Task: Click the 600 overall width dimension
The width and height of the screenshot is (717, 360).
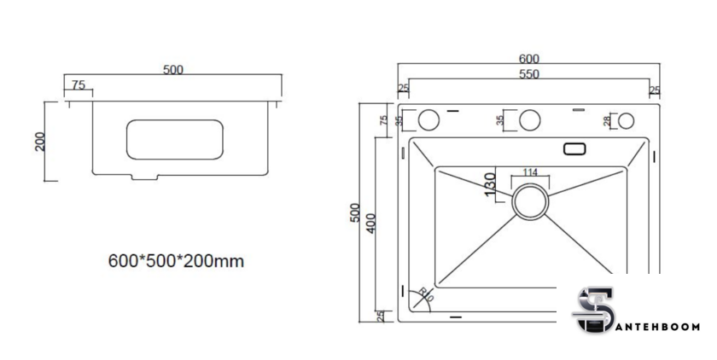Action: click(528, 59)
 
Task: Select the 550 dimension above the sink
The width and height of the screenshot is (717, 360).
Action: click(528, 74)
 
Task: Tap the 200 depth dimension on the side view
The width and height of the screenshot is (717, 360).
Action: click(40, 142)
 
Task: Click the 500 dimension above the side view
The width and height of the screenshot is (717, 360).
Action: click(172, 70)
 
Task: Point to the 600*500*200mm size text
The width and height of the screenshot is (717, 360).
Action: click(176, 261)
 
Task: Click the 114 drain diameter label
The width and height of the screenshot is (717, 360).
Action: click(530, 172)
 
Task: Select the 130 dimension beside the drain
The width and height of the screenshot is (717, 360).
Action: click(490, 184)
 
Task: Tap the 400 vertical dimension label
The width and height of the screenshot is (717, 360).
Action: click(370, 223)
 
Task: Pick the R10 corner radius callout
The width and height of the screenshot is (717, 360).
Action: click(425, 294)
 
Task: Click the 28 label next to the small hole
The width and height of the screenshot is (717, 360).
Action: click(607, 121)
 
